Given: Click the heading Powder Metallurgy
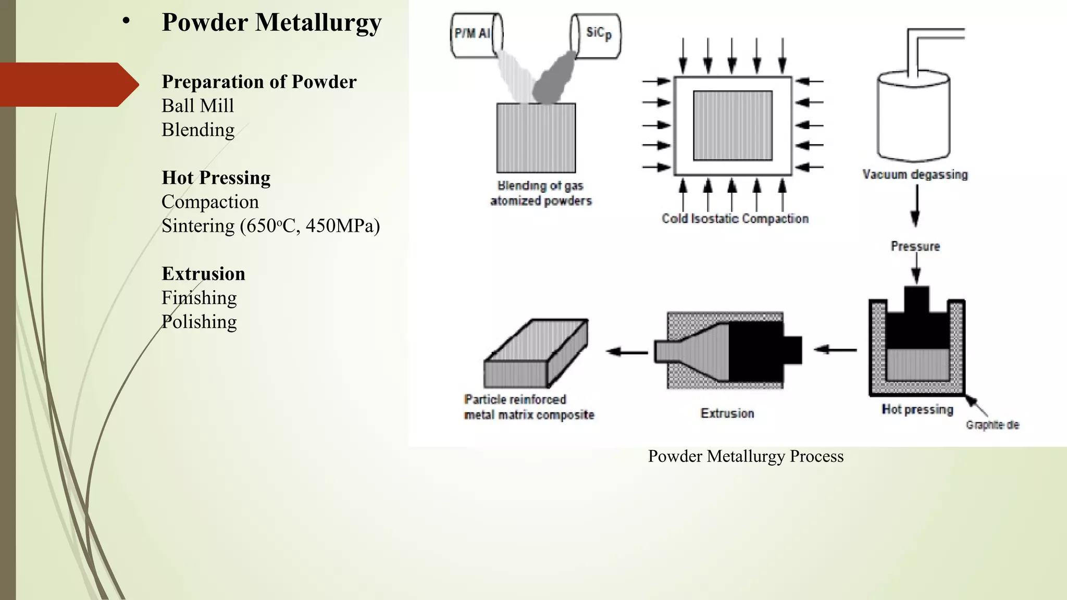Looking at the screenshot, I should (271, 23).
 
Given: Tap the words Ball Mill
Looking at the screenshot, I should (198, 106).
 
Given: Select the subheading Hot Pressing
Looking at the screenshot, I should (216, 178).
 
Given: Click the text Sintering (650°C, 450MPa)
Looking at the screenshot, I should (270, 226).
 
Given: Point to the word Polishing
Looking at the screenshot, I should (199, 322).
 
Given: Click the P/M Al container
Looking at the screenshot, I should (476, 34).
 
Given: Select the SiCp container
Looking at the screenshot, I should (595, 34).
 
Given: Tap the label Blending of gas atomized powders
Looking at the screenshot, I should (541, 193).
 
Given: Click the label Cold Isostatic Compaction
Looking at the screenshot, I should (735, 219).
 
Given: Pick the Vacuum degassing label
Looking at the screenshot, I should (915, 174).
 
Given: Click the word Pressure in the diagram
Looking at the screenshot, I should (915, 246).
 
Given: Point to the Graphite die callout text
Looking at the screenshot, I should (992, 425).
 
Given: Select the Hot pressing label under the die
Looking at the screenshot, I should (917, 410).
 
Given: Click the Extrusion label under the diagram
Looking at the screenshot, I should (727, 414).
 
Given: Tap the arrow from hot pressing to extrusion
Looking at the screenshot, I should (835, 350).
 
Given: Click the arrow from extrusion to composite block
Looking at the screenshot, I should (627, 352).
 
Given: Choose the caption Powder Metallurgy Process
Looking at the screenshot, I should (746, 457).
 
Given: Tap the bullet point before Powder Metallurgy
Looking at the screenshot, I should (126, 22).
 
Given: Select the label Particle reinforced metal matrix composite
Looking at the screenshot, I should (529, 407).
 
